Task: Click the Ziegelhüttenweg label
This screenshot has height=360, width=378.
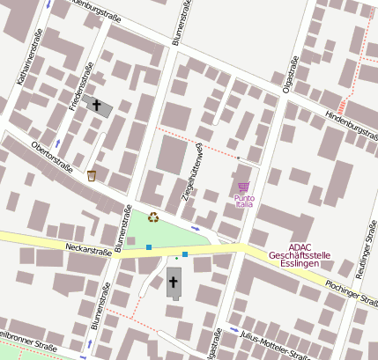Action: pos(192,172)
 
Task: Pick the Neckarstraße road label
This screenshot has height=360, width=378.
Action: pos(88,250)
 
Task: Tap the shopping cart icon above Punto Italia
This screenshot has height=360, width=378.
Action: pos(243,187)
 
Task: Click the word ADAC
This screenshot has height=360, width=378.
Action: pos(300,246)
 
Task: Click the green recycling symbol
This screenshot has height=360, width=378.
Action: pos(153,217)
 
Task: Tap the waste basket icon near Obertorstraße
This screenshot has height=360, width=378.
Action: pos(92,176)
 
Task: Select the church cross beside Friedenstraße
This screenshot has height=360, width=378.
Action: pos(97,105)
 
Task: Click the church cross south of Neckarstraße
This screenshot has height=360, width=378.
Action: pos(174,283)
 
